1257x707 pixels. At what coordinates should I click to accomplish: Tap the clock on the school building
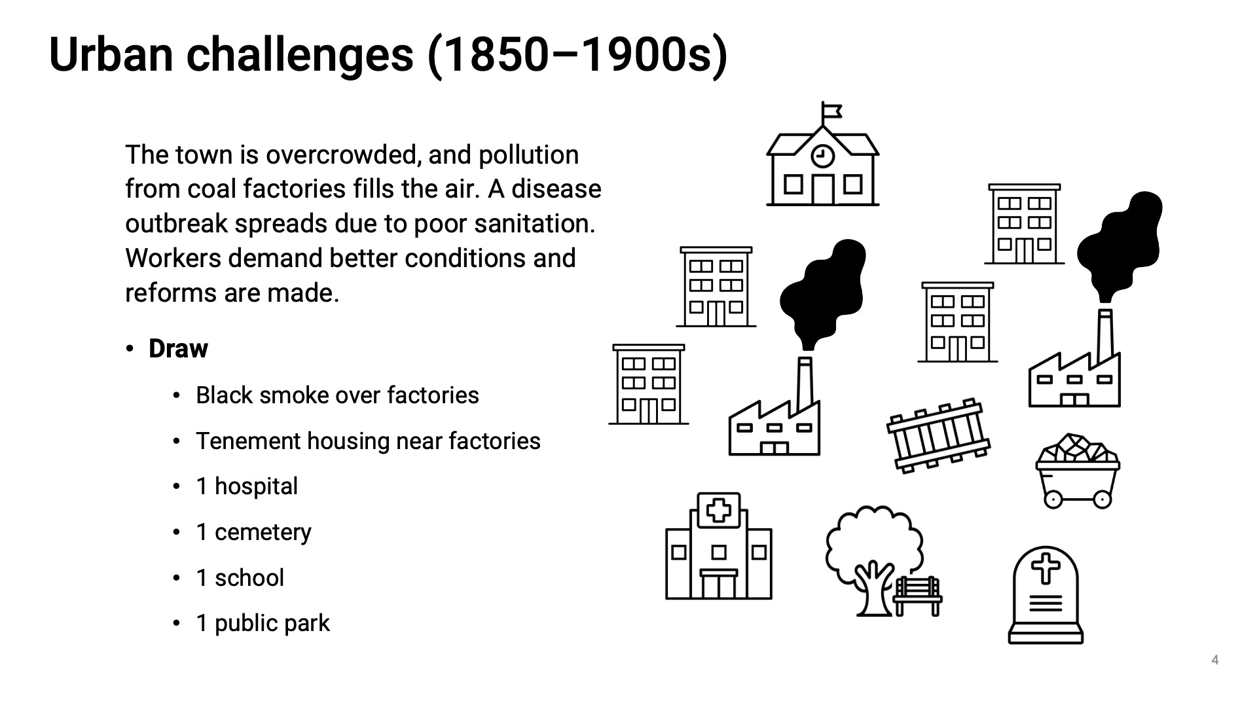click(822, 156)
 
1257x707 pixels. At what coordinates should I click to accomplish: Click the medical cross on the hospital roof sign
click(718, 509)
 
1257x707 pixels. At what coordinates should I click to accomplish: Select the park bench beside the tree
click(918, 596)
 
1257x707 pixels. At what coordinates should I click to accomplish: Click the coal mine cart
click(1078, 471)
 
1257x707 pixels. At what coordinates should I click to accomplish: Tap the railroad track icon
click(938, 435)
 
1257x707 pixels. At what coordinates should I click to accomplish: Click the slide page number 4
click(1214, 660)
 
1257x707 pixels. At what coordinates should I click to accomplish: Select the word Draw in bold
click(178, 349)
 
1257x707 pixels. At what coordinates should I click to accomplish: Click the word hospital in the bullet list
click(256, 486)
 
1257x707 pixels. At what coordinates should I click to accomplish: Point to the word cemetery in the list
click(263, 532)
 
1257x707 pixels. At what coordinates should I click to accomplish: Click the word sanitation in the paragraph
click(534, 224)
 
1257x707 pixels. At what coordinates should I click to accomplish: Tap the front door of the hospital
click(719, 585)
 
